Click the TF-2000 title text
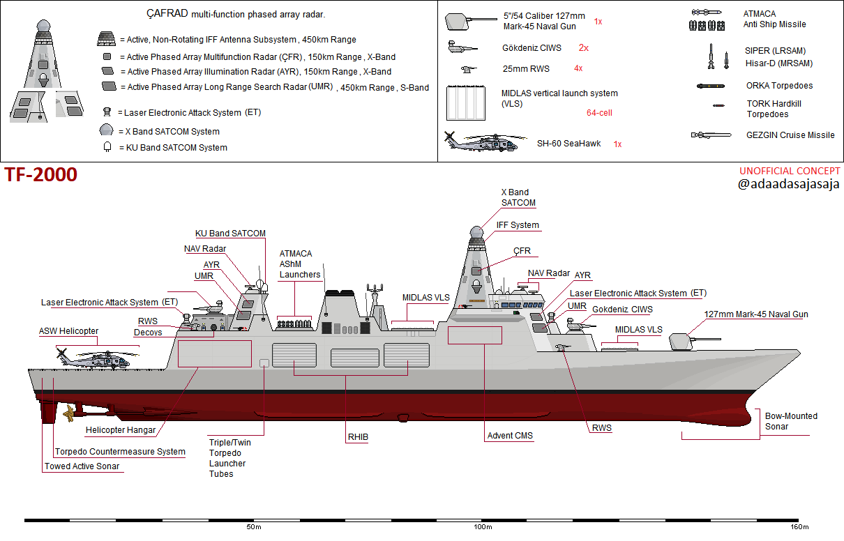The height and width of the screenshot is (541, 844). click(41, 176)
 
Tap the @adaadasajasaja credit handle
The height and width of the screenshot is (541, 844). click(789, 185)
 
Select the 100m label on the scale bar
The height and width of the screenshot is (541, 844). click(483, 527)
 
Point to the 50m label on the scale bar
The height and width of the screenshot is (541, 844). click(253, 527)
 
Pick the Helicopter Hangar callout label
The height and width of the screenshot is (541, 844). click(120, 430)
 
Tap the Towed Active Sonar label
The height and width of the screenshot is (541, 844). click(82, 466)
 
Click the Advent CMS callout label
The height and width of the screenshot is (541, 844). click(510, 436)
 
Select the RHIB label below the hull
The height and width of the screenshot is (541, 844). click(358, 437)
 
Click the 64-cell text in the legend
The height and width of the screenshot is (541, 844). click(599, 112)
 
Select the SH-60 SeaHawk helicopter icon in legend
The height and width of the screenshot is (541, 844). click(481, 142)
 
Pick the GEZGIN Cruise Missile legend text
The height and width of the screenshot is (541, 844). click(790, 135)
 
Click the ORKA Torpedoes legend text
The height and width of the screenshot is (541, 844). click(779, 86)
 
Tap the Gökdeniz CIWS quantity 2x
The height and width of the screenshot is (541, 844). click(584, 48)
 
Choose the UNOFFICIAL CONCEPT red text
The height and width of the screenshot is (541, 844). click(790, 172)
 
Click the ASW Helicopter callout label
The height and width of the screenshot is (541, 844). click(68, 331)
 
